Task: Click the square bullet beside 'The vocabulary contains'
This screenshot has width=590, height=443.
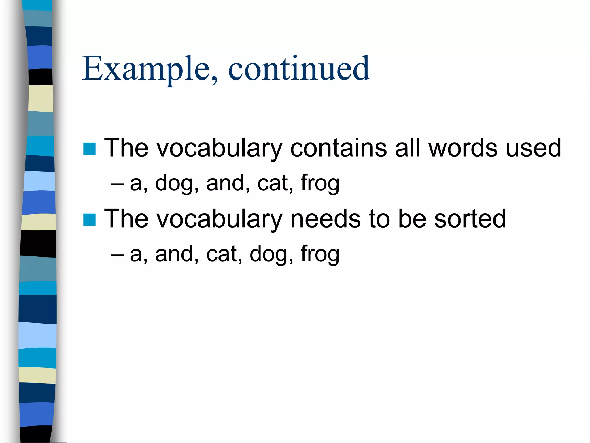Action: pos(89,149)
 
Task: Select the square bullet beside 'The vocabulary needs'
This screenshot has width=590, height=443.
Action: pos(89,220)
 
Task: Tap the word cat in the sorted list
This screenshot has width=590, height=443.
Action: pos(222,254)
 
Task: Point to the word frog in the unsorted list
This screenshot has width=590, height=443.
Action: pos(320,183)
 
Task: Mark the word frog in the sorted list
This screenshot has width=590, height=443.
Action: pos(320,254)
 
